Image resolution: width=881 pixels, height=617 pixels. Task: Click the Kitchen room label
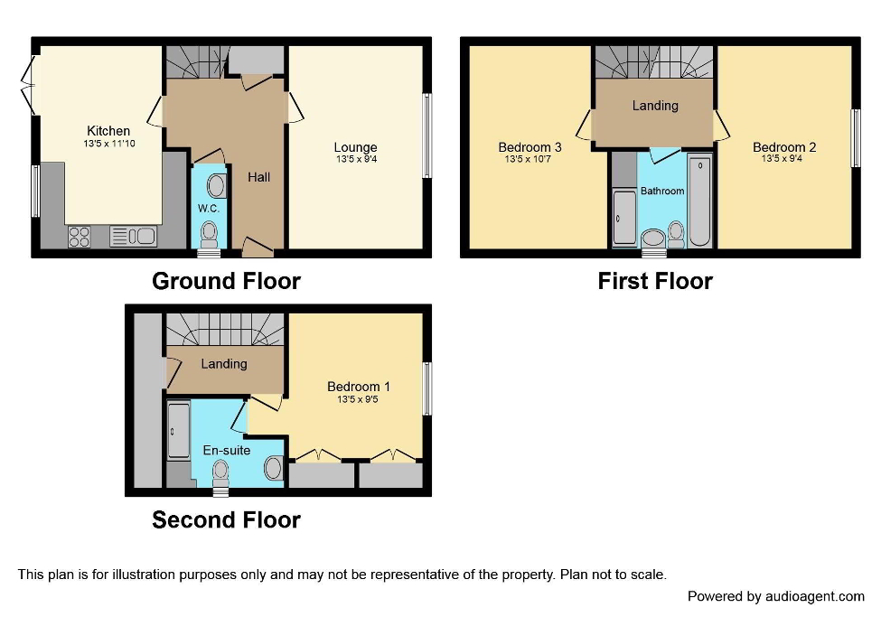108,131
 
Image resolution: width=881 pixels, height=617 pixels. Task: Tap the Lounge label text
355,147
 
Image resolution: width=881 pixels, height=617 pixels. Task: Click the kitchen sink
133,236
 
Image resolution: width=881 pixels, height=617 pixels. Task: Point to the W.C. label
208,209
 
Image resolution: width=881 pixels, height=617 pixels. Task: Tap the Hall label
259,177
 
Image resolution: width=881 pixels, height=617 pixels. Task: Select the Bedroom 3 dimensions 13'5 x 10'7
530,160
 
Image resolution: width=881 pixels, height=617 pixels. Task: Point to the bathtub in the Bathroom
700,201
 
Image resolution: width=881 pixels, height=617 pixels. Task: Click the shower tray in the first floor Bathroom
623,217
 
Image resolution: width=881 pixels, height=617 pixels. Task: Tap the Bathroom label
662,191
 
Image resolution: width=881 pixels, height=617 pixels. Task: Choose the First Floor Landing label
655,106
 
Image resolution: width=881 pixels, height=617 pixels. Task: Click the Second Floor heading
226,519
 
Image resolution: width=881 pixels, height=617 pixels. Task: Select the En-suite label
226,450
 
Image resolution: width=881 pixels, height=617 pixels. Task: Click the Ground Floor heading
226,281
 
